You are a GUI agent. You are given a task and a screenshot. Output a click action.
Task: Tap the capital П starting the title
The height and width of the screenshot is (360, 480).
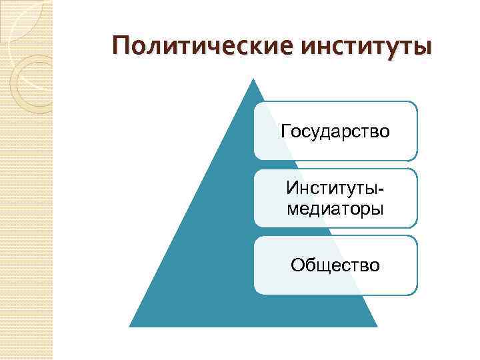(x=121, y=47)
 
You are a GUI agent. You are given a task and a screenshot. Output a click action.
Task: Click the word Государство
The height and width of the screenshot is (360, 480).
(x=335, y=131)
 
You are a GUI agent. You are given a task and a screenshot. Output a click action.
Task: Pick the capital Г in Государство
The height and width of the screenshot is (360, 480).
(x=286, y=130)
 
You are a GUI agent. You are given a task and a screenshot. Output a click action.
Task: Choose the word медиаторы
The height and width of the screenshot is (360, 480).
(x=335, y=209)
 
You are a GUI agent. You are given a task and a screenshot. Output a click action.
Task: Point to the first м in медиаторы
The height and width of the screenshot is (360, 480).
(x=291, y=209)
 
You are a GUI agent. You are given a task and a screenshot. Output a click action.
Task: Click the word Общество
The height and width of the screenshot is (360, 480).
(x=335, y=265)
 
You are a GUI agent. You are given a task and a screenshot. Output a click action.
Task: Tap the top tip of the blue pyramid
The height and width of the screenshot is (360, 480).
(x=253, y=79)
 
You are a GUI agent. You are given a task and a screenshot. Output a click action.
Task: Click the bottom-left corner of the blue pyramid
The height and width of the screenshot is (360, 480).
(x=129, y=326)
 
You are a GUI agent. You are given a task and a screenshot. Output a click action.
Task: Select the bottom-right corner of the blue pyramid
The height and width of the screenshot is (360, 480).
(x=377, y=326)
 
